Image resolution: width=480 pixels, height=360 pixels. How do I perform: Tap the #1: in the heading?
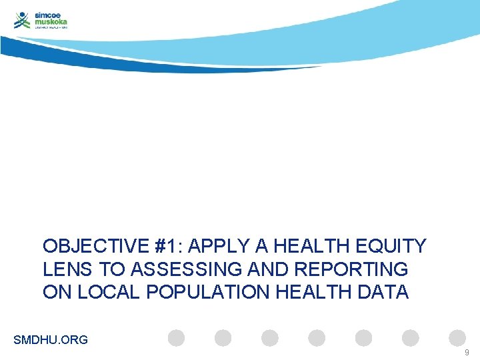tap(168, 247)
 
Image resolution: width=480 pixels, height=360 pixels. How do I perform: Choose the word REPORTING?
tap(365, 269)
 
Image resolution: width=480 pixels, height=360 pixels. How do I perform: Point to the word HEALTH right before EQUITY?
tap(311, 247)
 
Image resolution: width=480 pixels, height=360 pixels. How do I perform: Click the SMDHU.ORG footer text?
tap(51, 340)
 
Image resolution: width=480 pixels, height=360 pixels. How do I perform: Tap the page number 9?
tap(467, 351)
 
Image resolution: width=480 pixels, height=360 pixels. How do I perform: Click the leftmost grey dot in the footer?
tap(176, 338)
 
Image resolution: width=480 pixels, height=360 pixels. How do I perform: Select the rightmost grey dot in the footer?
tap(457, 338)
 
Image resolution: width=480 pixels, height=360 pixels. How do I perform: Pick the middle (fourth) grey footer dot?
tap(317, 338)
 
